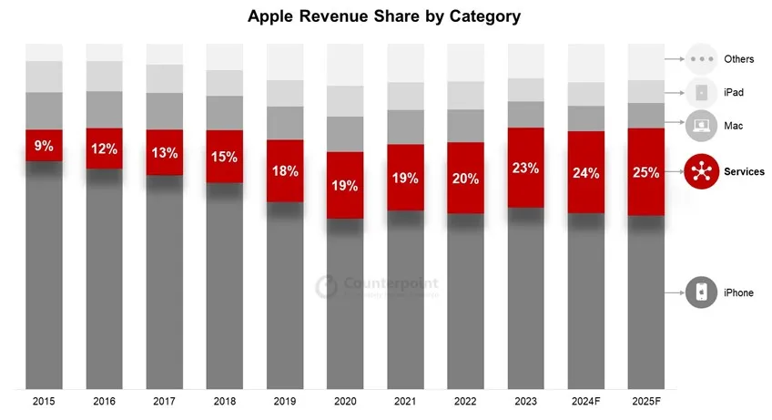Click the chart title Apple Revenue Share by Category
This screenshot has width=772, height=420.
[385, 16]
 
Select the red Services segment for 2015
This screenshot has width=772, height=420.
[44, 146]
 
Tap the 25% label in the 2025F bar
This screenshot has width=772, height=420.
[645, 172]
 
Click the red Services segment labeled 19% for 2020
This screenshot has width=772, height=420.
[345, 185]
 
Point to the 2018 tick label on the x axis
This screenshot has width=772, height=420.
[224, 401]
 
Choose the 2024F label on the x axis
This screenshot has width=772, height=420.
[585, 401]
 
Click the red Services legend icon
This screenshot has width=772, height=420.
[701, 171]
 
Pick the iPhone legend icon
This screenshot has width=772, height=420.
[701, 292]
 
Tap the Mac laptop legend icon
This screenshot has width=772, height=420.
[701, 125]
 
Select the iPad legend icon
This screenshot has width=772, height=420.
[701, 92]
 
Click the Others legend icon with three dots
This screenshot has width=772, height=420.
[701, 59]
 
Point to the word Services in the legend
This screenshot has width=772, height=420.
[744, 171]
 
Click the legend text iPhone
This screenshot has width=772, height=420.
[738, 292]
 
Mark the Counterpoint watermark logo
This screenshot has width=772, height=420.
[326, 287]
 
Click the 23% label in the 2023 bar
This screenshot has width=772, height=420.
[525, 169]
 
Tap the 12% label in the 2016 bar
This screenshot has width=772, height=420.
[104, 149]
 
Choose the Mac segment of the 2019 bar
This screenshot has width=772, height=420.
[284, 123]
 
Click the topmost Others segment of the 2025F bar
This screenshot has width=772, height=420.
[645, 61]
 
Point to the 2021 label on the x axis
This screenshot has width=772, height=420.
[405, 401]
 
